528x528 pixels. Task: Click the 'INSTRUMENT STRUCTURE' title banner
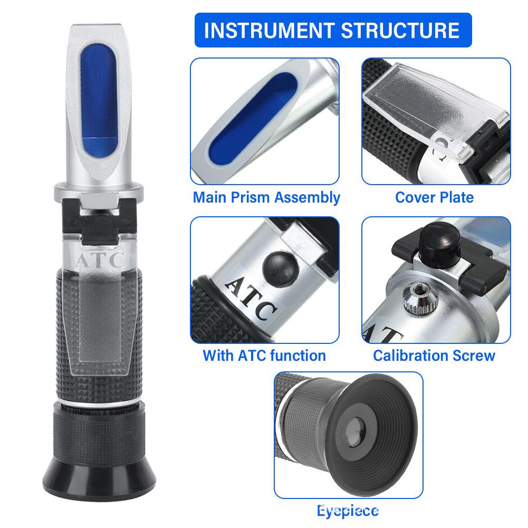click(x=332, y=30)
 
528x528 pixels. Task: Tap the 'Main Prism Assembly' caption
click(x=266, y=197)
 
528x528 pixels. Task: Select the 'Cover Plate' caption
click(x=434, y=197)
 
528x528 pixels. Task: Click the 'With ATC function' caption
click(x=264, y=355)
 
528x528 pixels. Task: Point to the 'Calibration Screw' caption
click(x=434, y=355)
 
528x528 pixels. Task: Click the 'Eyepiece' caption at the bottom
click(x=348, y=511)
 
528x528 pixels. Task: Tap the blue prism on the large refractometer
click(x=99, y=100)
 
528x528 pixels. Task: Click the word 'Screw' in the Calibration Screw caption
click(x=472, y=355)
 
